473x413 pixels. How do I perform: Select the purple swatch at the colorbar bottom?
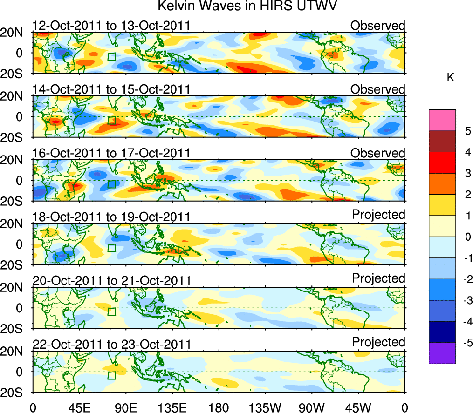(x=442, y=353)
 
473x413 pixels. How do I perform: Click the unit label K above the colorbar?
(x=451, y=78)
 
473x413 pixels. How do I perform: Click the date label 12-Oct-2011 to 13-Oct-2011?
(x=111, y=26)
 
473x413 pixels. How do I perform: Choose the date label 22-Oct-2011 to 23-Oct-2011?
(x=111, y=345)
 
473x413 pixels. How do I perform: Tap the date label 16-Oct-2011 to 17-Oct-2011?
(x=111, y=153)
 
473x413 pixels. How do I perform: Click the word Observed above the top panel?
(x=378, y=26)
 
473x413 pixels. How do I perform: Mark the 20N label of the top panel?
(x=15, y=33)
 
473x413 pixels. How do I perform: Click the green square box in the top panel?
(x=111, y=57)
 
